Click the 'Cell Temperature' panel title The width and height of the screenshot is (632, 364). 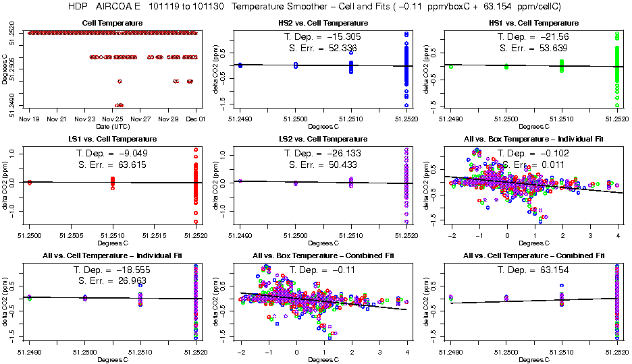(112, 23)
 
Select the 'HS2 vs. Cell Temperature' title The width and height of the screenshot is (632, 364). (323, 23)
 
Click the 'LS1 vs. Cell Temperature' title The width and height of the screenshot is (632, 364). (112, 139)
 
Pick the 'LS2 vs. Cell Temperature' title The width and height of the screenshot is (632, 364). (323, 139)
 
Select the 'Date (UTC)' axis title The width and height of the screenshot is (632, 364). (112, 126)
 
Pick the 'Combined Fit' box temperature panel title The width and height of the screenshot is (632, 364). (323, 255)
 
